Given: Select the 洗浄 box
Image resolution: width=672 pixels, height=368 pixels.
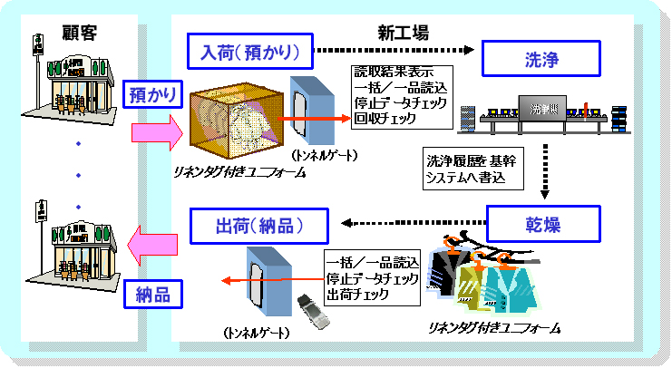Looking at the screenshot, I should click(x=541, y=60).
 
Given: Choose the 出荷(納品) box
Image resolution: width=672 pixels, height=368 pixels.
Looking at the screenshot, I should click(x=258, y=223).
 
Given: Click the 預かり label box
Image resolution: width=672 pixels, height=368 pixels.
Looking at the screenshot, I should click(x=150, y=94).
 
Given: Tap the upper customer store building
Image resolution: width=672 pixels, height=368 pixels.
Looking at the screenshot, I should click(x=76, y=86).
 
